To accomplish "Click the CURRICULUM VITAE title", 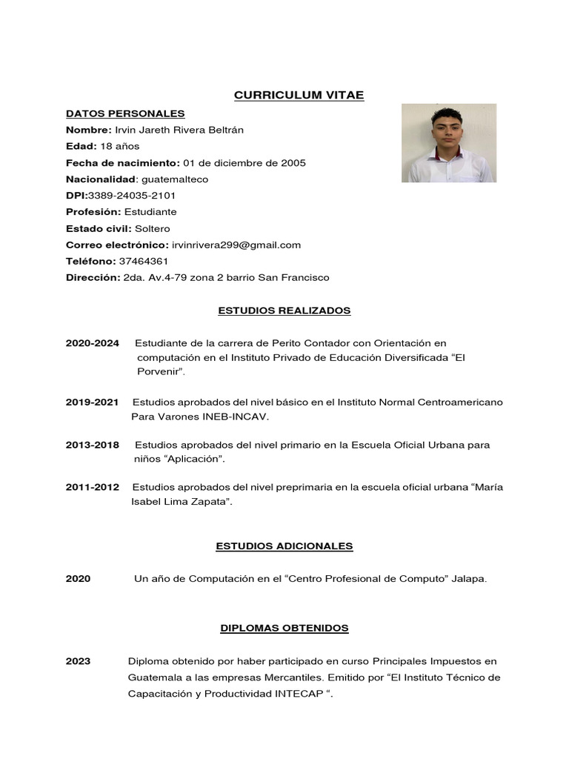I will click(299, 96).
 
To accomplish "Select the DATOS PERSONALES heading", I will click(125, 113).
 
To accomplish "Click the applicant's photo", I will click(448, 143).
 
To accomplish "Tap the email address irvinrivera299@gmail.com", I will click(236, 245).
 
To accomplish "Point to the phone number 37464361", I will click(143, 261).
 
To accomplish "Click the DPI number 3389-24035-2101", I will click(132, 196).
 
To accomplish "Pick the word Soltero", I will click(152, 228).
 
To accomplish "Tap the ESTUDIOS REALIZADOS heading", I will click(284, 311).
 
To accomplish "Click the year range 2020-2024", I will click(92, 344).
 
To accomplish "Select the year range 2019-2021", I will click(92, 402).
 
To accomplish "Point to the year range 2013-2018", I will click(92, 445).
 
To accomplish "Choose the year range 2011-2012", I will click(92, 487).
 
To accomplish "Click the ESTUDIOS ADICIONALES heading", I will click(284, 546).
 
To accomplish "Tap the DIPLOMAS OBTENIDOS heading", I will click(284, 628).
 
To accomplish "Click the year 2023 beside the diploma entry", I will click(78, 661).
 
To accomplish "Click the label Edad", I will click(81, 146).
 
